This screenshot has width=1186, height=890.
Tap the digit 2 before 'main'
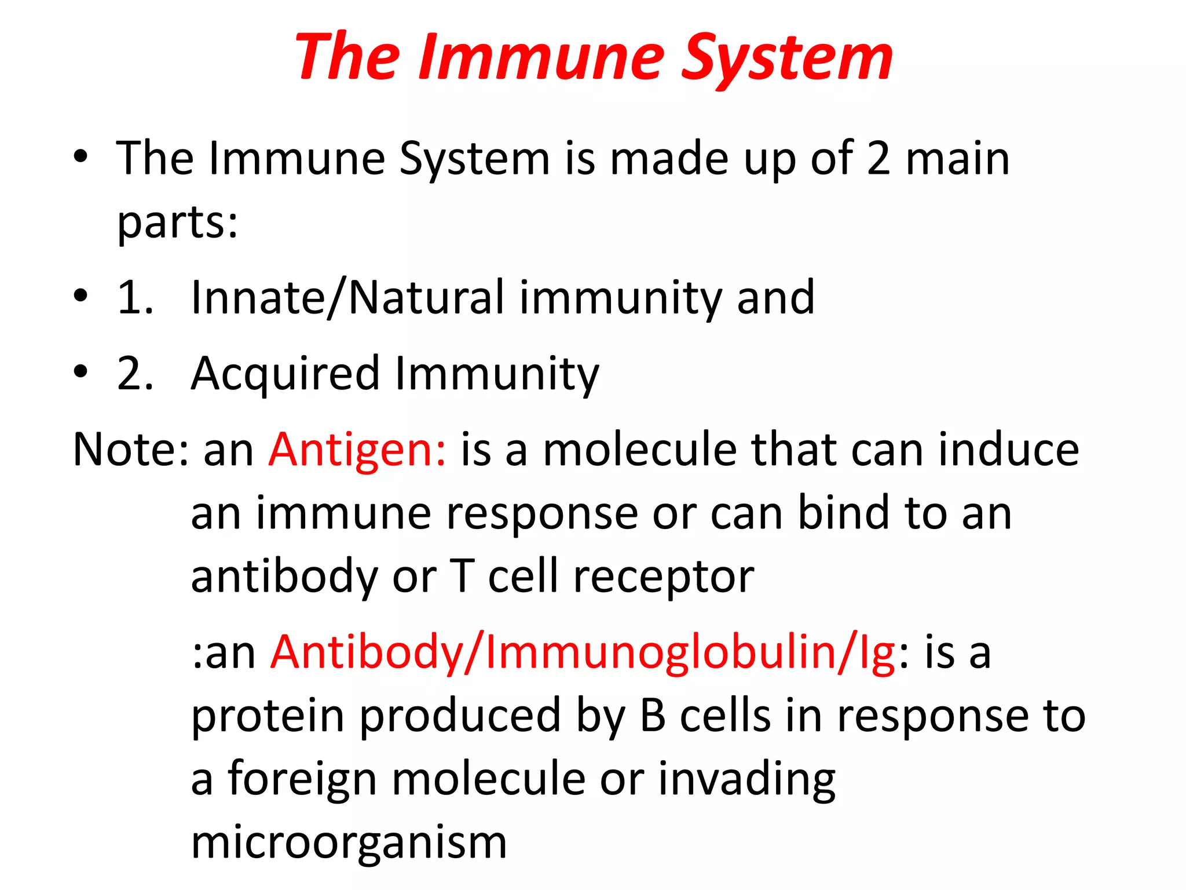(x=878, y=159)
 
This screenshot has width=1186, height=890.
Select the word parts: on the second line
(x=177, y=222)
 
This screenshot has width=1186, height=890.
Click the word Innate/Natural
(x=347, y=298)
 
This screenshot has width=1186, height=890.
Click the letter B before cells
(x=653, y=716)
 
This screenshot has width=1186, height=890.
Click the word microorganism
(x=349, y=842)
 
